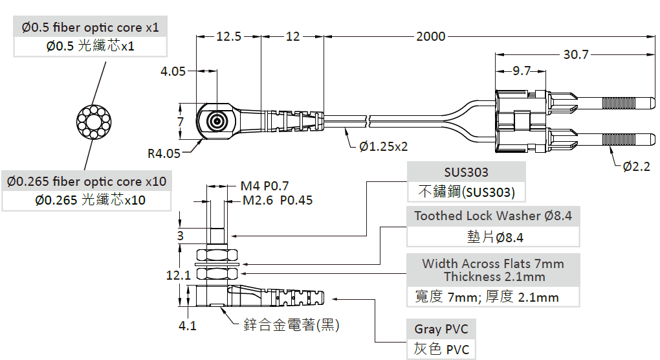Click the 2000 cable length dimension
[430, 37]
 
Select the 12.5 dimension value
[228, 37]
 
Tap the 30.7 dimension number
[575, 55]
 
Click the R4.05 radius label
[164, 153]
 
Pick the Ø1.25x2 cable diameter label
[383, 146]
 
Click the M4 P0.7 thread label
[265, 186]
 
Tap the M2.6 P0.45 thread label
[278, 200]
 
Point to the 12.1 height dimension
[178, 275]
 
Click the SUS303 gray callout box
[466, 173]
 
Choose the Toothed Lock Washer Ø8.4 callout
[493, 216]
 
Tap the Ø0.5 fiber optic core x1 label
[90, 27]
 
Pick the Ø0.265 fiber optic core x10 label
[87, 182]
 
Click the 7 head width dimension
[181, 121]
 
